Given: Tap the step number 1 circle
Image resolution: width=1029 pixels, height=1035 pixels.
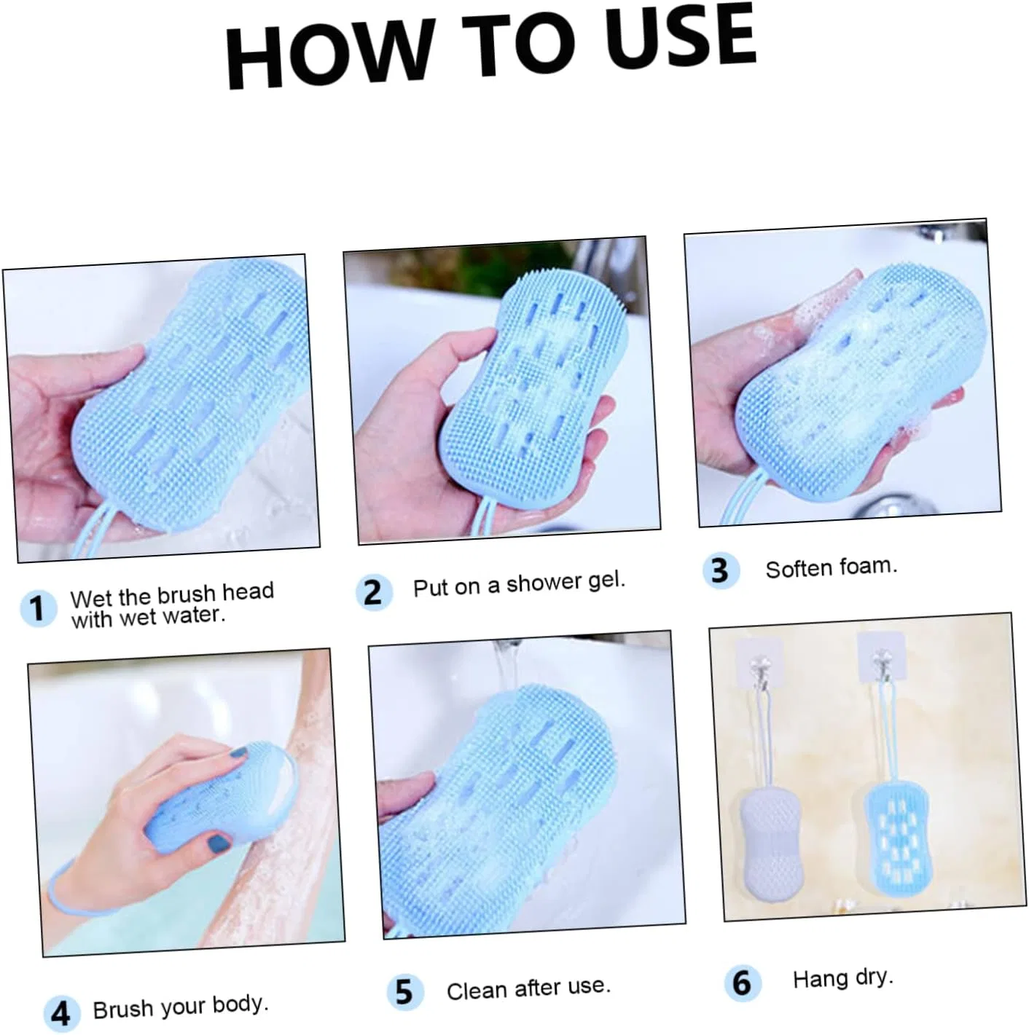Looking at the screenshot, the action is [38, 608].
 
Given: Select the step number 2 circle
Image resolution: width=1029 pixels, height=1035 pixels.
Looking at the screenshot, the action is [374, 592].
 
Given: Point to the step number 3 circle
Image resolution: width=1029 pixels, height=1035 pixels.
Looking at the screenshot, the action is [721, 570].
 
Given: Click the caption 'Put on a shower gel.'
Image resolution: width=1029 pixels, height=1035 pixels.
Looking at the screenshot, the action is [519, 584].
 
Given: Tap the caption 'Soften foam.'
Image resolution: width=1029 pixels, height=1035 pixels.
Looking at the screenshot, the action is [832, 568].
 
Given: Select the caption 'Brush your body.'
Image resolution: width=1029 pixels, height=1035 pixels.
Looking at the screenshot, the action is [181, 1007].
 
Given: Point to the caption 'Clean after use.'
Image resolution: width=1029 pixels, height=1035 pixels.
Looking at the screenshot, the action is [528, 988].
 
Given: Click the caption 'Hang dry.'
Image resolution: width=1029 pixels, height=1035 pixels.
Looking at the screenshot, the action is [843, 978].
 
